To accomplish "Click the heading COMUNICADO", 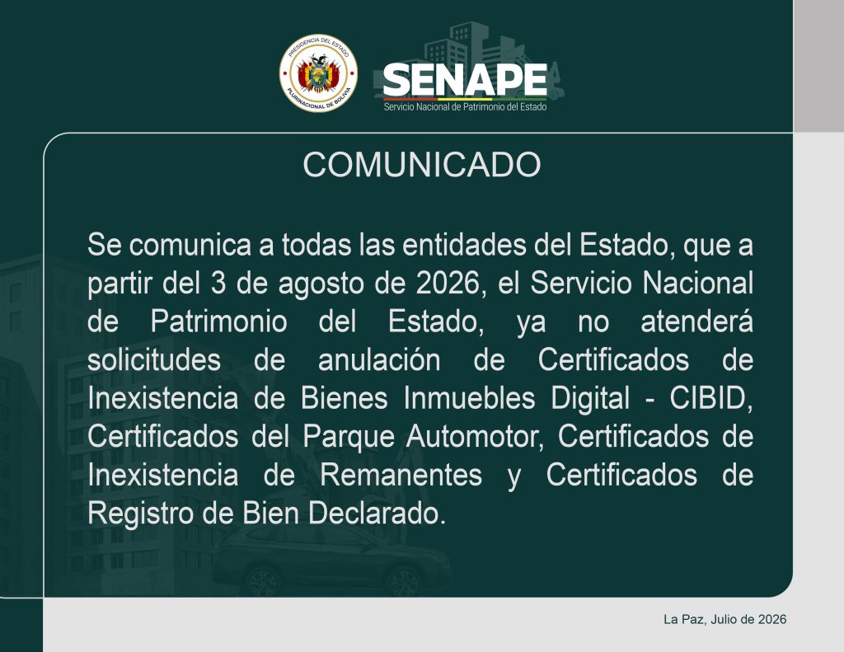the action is click(421, 165).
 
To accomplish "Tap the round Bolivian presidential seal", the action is click(318, 73).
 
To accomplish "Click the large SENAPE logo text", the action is click(465, 80).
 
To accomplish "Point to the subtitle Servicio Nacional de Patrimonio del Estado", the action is click(465, 107).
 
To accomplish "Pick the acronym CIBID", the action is click(710, 398).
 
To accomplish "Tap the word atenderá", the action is click(696, 321).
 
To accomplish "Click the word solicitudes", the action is click(154, 360).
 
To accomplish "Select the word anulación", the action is click(379, 360).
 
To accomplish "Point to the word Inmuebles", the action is click(469, 398).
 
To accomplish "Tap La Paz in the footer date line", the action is click(683, 620).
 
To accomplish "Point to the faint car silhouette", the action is click(333, 560).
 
